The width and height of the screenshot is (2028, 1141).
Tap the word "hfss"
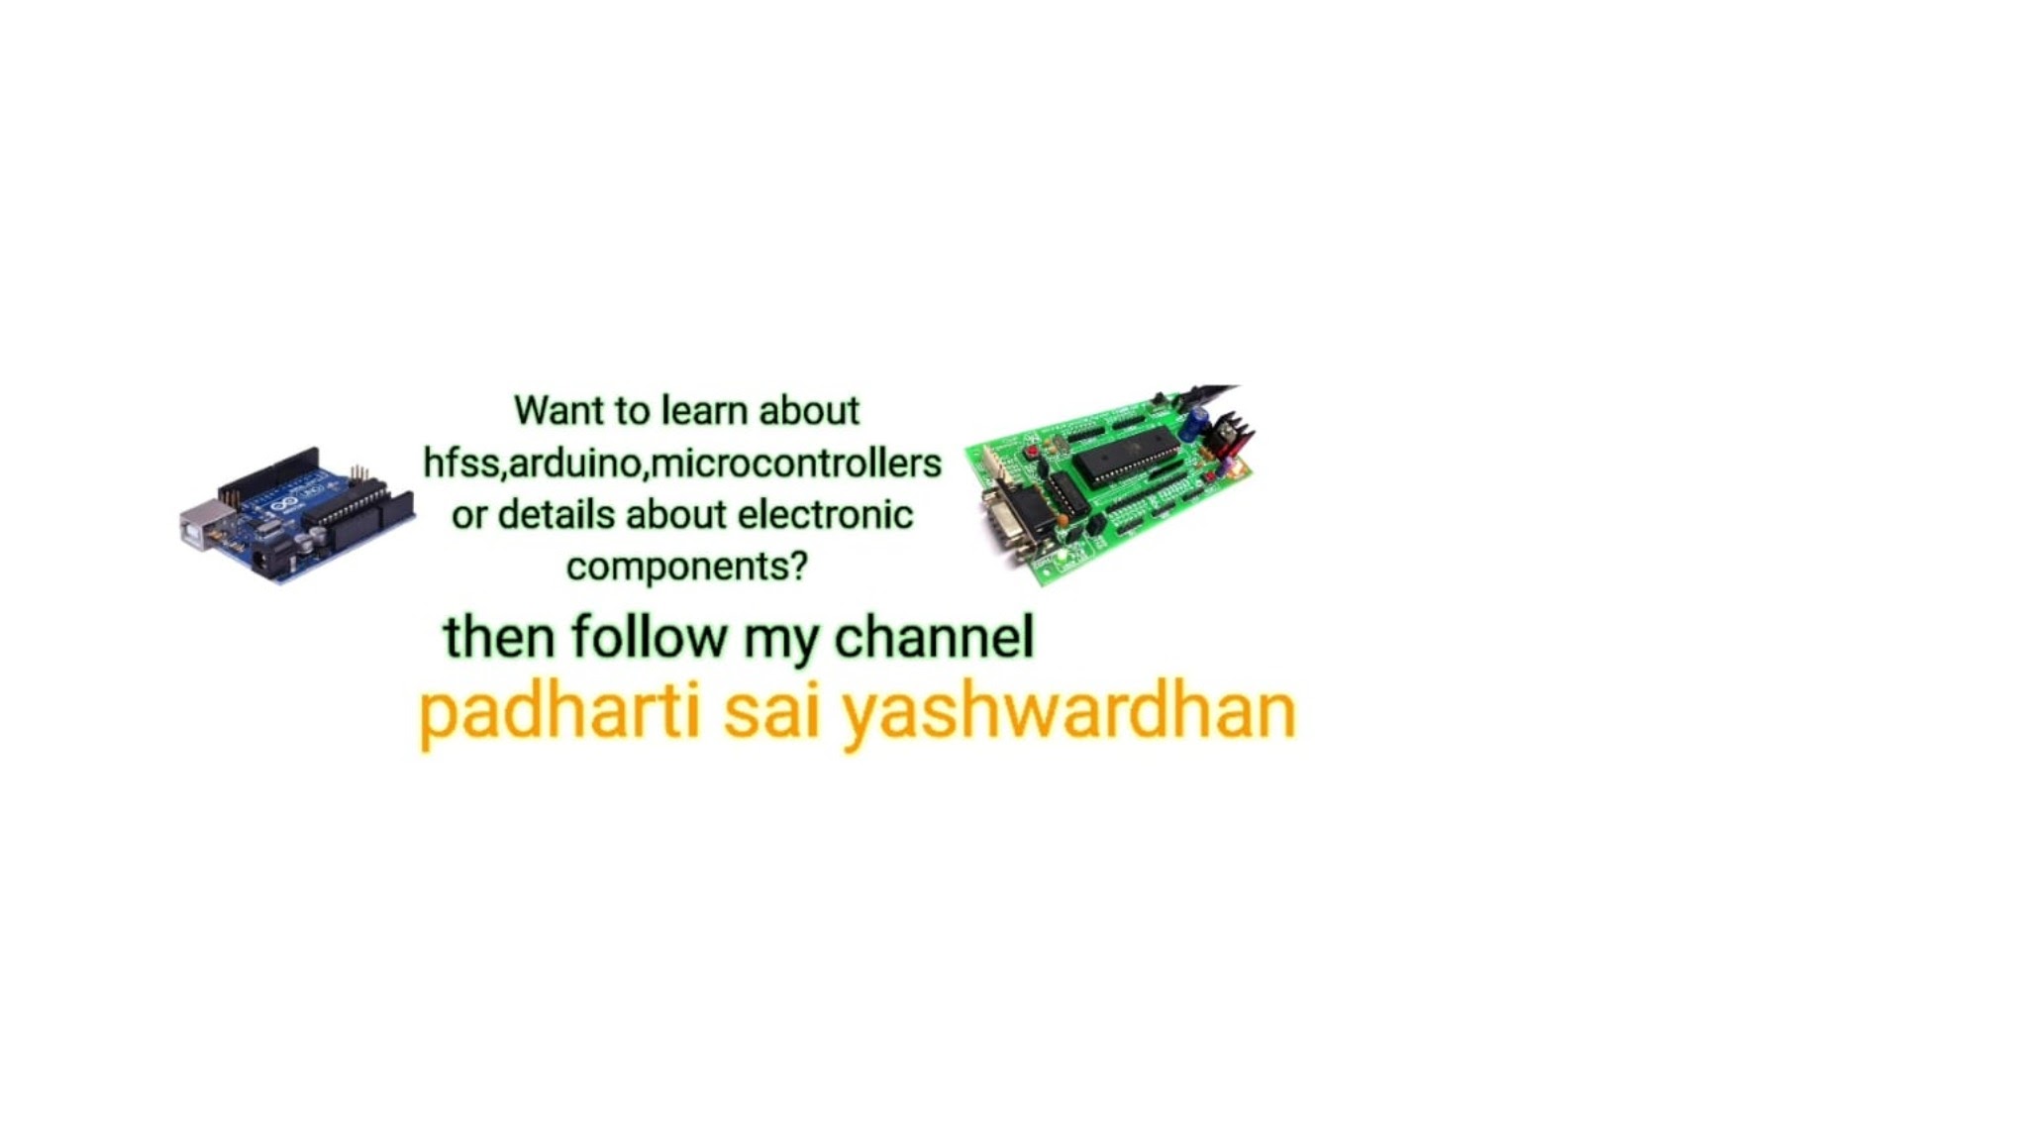tap(461, 463)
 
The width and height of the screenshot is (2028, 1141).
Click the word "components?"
tap(687, 568)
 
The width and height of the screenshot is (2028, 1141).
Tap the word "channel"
tap(934, 636)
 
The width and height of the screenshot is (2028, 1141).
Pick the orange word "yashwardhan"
tap(1068, 713)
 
